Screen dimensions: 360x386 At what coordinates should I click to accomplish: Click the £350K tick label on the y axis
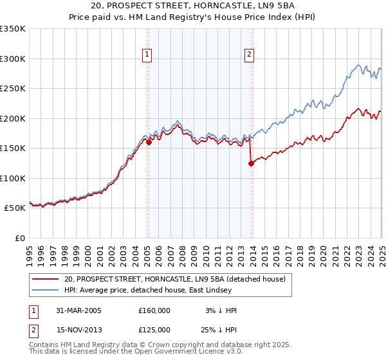coord(13,29)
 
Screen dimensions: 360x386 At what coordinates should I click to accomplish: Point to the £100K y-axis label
coord(13,178)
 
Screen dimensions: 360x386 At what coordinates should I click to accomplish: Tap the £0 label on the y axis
coord(20,238)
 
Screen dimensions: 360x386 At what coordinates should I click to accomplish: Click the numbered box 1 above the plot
coord(148,55)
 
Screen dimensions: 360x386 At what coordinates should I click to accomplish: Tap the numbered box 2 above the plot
coord(249,55)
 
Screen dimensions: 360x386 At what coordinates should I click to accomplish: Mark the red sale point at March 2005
coord(149,143)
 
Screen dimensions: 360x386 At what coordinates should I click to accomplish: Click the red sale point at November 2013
coord(251,163)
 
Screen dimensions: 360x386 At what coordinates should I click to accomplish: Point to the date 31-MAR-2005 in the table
coord(78,310)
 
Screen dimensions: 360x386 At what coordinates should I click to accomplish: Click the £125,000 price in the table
coord(154,329)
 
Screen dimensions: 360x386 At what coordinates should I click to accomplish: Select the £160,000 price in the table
coord(154,310)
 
